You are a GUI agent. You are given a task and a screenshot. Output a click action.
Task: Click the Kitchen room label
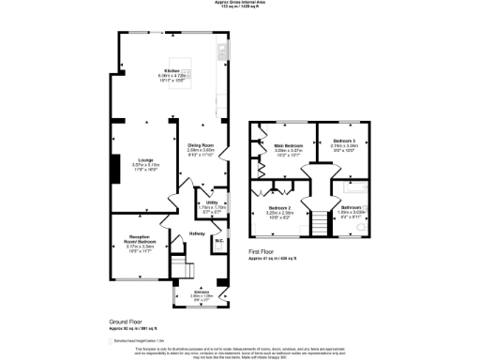coord(172,71)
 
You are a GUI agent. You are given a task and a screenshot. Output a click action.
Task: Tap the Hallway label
coord(197,232)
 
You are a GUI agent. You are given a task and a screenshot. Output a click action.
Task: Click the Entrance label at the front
coord(201,292)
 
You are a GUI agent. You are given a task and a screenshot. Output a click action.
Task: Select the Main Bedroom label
coord(287,146)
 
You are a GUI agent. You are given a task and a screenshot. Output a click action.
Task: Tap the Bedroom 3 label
coord(344,140)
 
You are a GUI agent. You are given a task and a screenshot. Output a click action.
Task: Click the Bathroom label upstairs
coord(351,206)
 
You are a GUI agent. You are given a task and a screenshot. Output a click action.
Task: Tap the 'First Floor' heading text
coord(266,252)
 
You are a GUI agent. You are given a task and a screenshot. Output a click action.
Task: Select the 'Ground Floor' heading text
coord(122,321)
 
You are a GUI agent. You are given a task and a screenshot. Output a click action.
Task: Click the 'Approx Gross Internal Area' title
coord(240,3)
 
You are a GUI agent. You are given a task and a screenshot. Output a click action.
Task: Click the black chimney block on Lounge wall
coord(113,169)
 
